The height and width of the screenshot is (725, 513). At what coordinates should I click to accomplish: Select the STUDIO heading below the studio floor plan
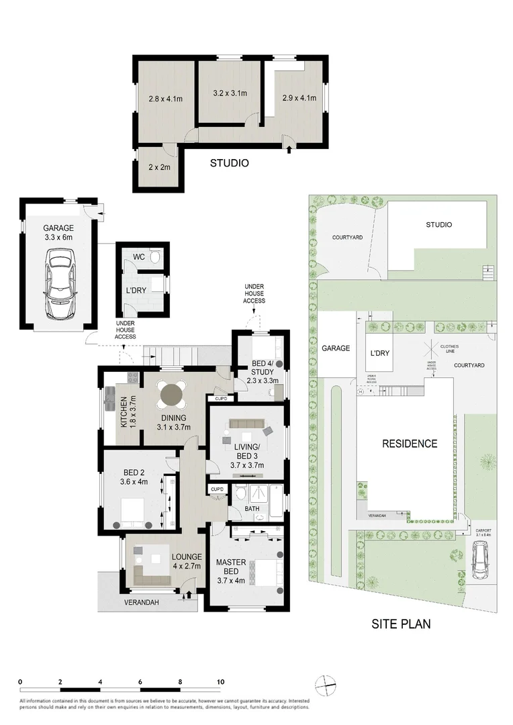229,163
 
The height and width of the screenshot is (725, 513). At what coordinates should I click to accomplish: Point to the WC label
139,256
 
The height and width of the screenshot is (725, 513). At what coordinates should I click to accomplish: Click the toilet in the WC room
156,256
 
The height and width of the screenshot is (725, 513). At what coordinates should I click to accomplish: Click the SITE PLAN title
401,624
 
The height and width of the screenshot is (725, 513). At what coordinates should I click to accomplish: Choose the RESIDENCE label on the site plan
410,444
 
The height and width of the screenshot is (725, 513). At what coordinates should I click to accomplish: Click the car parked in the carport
481,561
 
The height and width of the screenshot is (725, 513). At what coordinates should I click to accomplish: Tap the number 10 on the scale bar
220,681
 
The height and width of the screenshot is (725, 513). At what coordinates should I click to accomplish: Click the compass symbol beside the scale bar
324,685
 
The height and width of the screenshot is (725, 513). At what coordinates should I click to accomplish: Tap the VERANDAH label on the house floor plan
142,603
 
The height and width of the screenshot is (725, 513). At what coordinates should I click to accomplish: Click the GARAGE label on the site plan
336,348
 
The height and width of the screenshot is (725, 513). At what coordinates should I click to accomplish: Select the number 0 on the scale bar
21,681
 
